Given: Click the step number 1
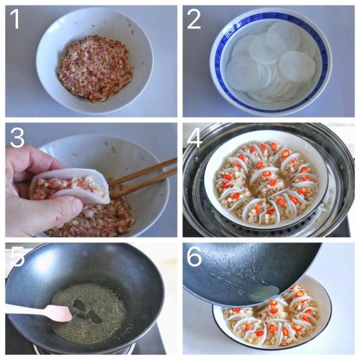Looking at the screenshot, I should pyautogui.click(x=15, y=20).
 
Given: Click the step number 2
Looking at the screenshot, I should pyautogui.click(x=193, y=20).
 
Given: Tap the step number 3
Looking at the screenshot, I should pyautogui.click(x=16, y=137).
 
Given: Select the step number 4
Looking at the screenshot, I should pyautogui.click(x=193, y=137).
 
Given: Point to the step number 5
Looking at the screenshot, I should pyautogui.click(x=17, y=256).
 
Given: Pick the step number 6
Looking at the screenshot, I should pyautogui.click(x=194, y=256).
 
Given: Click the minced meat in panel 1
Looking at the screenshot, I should pyautogui.click(x=95, y=67).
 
